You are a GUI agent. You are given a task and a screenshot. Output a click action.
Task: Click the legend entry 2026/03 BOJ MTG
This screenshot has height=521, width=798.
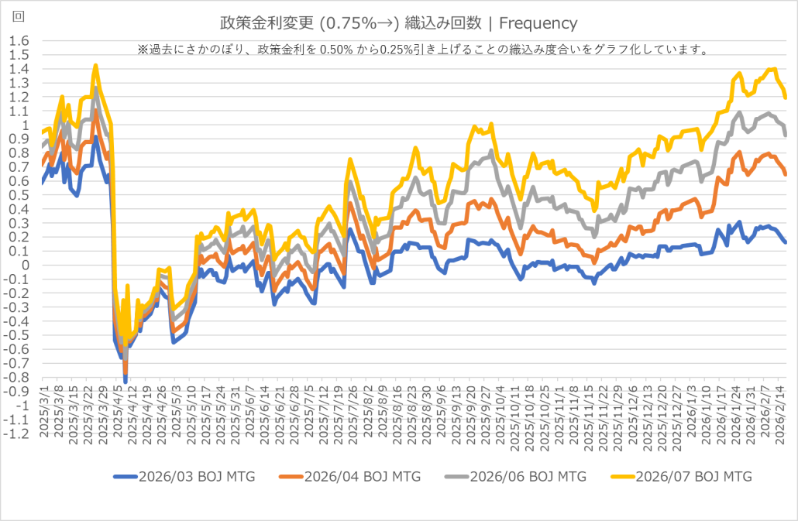(189, 476)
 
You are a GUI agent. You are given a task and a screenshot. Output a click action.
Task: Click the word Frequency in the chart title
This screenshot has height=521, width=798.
(539, 23)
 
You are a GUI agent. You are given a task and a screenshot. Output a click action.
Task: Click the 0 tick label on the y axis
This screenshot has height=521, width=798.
(26, 266)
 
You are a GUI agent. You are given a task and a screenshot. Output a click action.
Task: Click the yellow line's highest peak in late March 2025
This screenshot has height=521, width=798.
(95, 66)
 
